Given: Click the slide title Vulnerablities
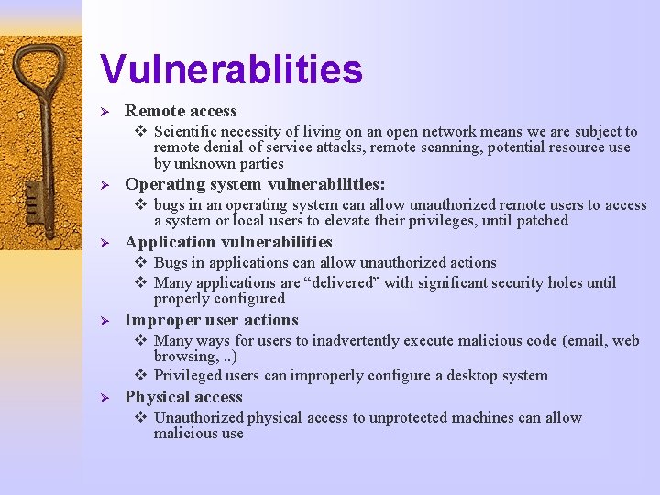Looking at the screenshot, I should pos(231,69).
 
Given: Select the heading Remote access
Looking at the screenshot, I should pos(181,111).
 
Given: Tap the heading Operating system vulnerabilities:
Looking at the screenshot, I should pos(255,183).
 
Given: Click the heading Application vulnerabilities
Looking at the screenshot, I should pos(228,242).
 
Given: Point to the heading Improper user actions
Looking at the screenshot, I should pos(211,320).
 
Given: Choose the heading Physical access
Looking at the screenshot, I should pos(183,397).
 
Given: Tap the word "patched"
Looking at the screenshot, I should pos(542,221).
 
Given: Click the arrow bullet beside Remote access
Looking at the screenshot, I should pos(104,112).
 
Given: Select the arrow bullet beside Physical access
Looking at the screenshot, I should pos(104,398).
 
